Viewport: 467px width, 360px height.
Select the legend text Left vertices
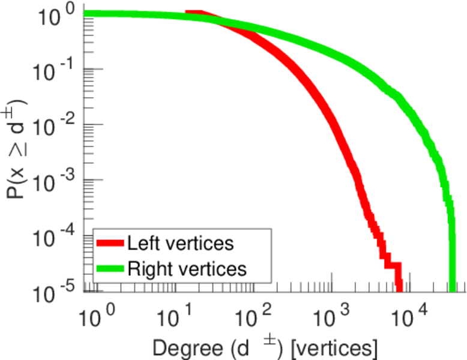(x=180, y=244)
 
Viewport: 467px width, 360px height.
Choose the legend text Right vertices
(x=186, y=269)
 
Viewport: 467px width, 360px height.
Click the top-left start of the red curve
(x=188, y=13)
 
